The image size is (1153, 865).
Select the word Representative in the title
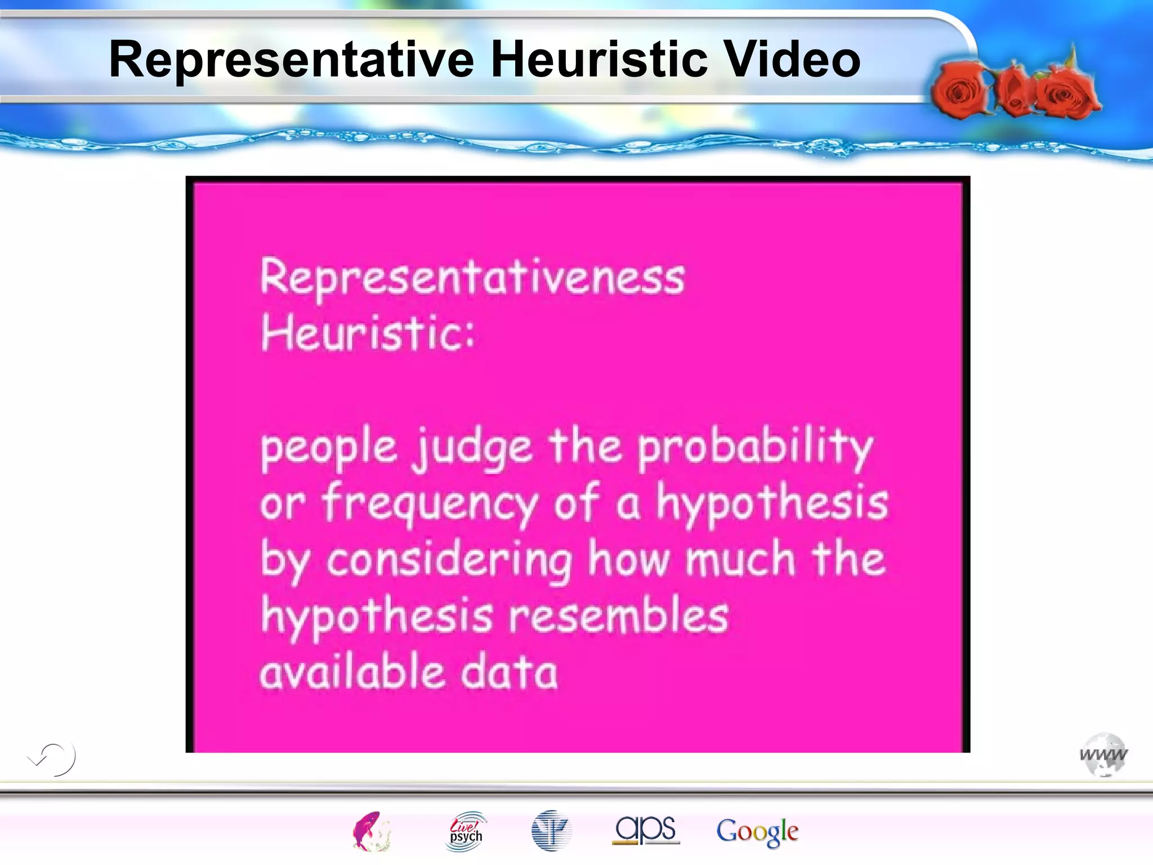pyautogui.click(x=291, y=59)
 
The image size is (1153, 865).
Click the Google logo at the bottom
pyautogui.click(x=757, y=832)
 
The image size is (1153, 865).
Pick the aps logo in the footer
pyautogui.click(x=646, y=830)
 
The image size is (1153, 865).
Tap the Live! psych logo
pyautogui.click(x=466, y=831)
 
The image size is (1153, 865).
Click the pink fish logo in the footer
pyautogui.click(x=371, y=831)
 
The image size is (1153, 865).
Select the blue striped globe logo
pyautogui.click(x=551, y=831)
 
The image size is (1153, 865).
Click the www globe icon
pyautogui.click(x=1103, y=755)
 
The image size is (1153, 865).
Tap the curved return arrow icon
pyautogui.click(x=52, y=759)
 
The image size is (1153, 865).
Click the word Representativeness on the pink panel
pyautogui.click(x=472, y=277)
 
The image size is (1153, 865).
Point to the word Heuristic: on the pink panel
pyautogui.click(x=368, y=333)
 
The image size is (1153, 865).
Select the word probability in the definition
pyautogui.click(x=755, y=448)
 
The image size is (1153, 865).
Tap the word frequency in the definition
pyautogui.click(x=430, y=503)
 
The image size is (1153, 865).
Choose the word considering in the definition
pyautogui.click(x=449, y=561)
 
